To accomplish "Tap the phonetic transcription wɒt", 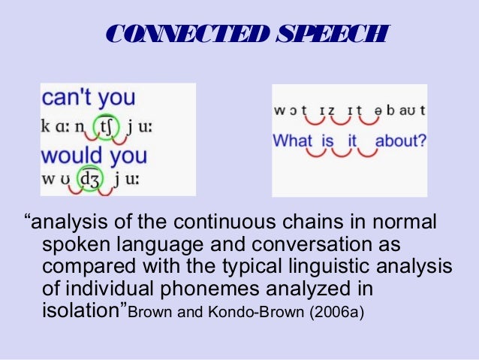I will (290, 110).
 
